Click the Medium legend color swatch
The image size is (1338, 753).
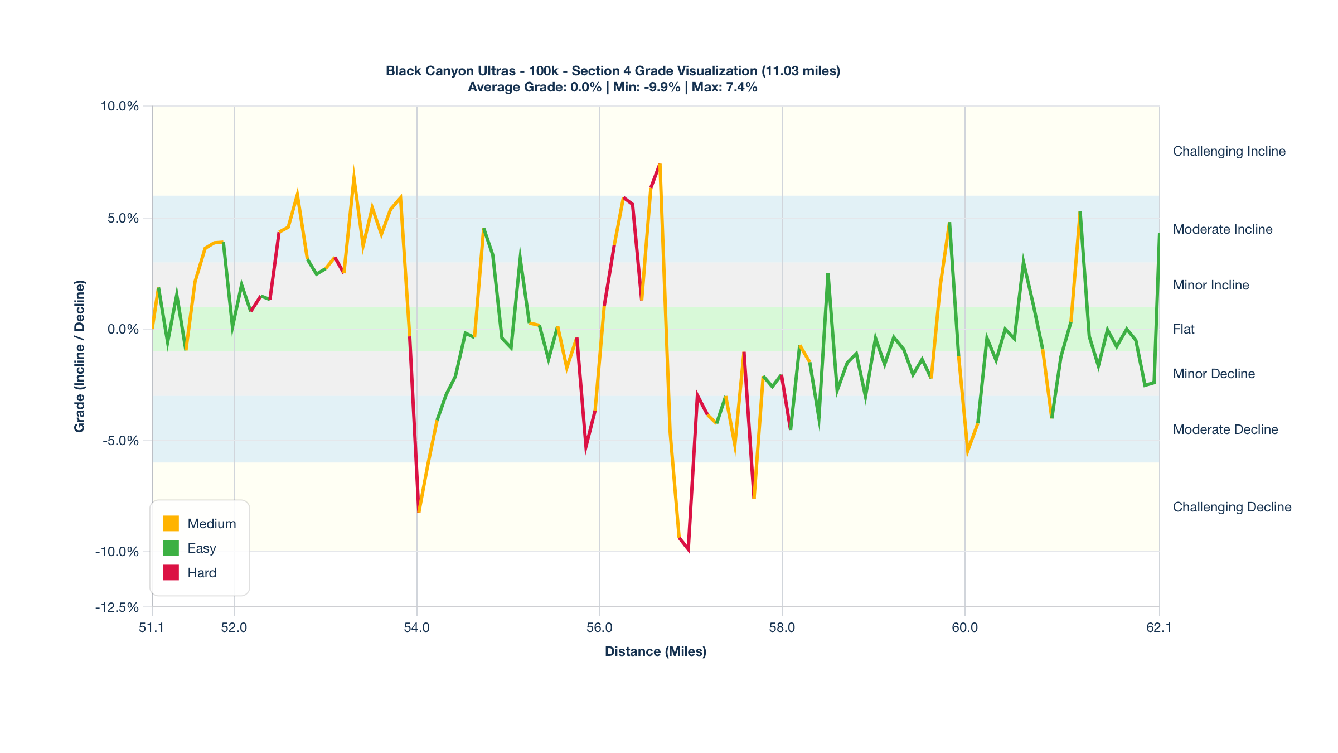[x=171, y=524]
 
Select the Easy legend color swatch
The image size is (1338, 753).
[x=171, y=548]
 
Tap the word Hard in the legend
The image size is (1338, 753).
[x=202, y=573]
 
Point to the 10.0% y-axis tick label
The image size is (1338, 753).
[x=119, y=106]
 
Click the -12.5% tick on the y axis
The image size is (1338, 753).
[x=117, y=607]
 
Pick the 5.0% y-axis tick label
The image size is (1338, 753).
[x=123, y=218]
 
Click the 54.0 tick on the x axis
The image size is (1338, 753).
[x=416, y=627]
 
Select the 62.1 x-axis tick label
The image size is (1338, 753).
[x=1158, y=627]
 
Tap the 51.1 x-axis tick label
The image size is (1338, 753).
[x=152, y=627]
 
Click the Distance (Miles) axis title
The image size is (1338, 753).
[x=656, y=651]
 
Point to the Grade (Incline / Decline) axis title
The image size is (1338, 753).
[x=80, y=356]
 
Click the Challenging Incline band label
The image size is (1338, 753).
[x=1229, y=151]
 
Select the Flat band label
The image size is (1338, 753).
[x=1184, y=329]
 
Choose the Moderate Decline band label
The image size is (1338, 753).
[x=1225, y=429]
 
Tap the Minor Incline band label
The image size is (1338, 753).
[x=1210, y=285]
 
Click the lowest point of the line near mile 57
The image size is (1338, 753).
[x=689, y=550]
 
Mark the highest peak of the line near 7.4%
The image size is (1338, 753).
[x=660, y=165]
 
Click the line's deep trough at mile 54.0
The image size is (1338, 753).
[x=418, y=511]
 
